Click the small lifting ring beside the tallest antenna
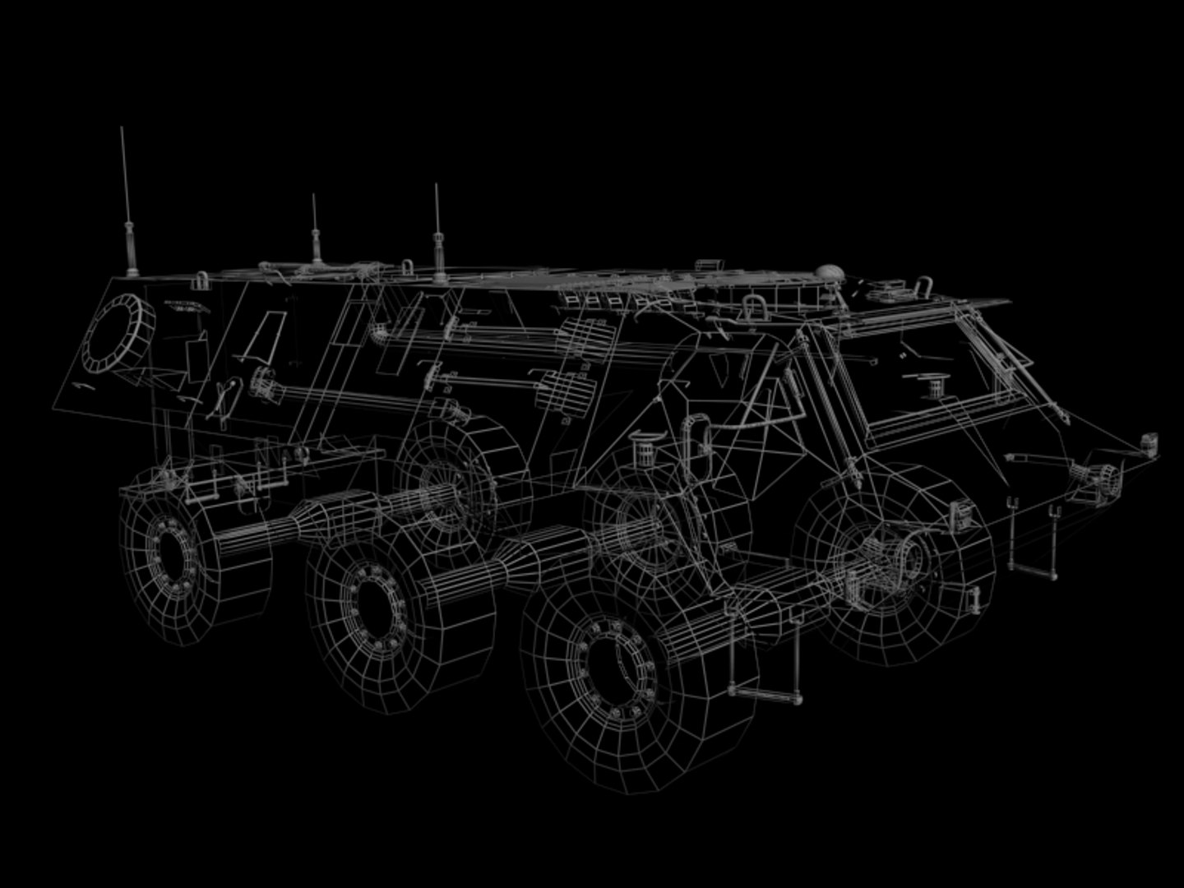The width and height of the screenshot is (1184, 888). tap(201, 280)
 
